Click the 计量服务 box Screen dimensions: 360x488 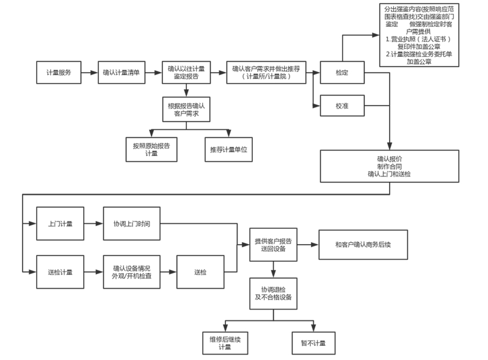click(x=58, y=73)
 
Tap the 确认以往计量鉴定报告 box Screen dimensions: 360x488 click(x=186, y=73)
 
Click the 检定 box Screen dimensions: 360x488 click(x=342, y=73)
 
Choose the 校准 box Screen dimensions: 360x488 click(x=342, y=106)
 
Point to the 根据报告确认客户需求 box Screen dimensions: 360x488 click(x=186, y=109)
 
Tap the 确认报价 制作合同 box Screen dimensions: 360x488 click(x=389, y=166)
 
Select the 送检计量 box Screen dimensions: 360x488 click(x=60, y=272)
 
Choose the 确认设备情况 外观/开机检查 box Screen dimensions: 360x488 click(x=131, y=272)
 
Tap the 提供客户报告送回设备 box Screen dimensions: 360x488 click(x=272, y=245)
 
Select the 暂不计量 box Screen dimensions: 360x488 click(x=313, y=342)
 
